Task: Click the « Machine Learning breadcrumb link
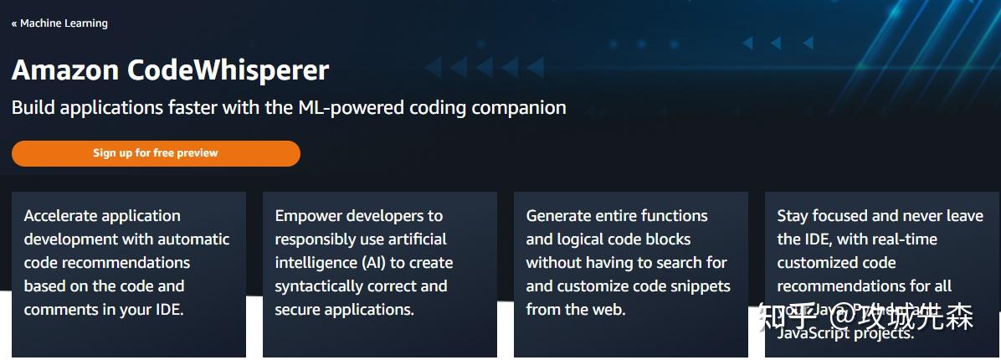[x=59, y=23]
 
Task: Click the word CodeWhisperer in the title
[x=228, y=70]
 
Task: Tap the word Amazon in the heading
[x=65, y=70]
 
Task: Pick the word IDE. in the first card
[x=167, y=310]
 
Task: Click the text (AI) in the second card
[x=373, y=263]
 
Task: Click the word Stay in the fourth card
[x=793, y=216]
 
